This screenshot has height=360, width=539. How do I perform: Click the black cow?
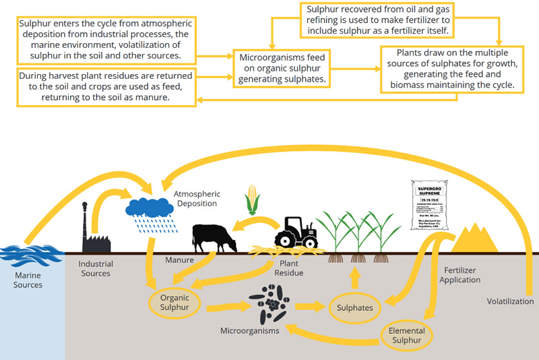214,238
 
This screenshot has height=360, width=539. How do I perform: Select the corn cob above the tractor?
253,199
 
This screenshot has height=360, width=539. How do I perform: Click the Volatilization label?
510,301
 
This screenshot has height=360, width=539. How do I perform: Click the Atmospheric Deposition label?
197,198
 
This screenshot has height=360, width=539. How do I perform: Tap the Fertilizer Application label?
461,274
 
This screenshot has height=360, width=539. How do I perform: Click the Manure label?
179,260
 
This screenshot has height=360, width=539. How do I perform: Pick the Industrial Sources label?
96,268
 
